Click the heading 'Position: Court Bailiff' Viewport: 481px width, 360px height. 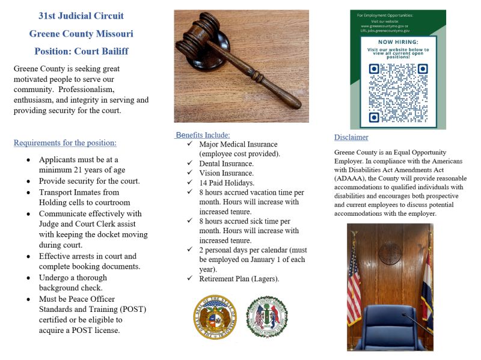[81, 51]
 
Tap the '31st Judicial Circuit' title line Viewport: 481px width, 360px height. [81, 16]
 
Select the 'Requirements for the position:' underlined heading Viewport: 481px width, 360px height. [65, 143]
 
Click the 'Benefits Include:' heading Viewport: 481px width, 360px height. [203, 135]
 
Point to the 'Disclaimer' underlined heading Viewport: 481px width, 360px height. [351, 138]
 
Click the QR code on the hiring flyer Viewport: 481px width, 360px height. [398, 93]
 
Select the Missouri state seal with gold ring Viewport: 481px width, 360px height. [215, 317]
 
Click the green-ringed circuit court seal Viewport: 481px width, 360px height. [267, 317]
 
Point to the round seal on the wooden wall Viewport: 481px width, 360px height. [390, 253]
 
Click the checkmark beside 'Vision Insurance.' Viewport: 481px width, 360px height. [190, 173]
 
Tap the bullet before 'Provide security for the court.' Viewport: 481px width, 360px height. [29, 182]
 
